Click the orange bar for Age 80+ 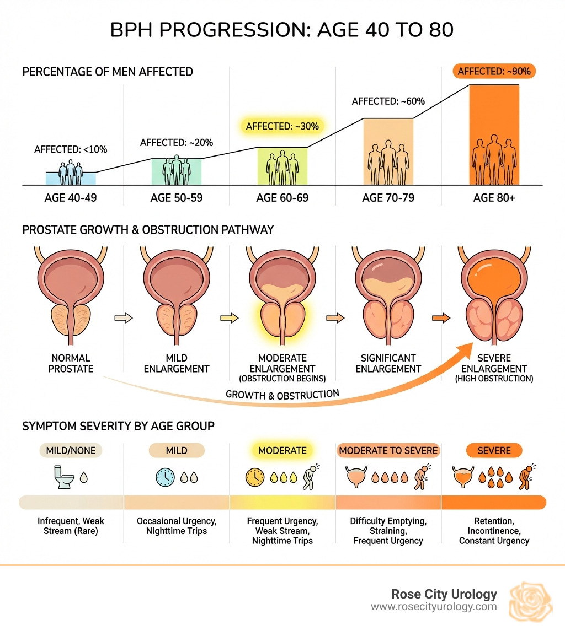[494, 134]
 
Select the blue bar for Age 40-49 [71, 178]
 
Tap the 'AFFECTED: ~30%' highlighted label [282, 126]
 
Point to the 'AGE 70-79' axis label [388, 198]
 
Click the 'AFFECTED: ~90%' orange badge [494, 71]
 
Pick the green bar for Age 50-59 [177, 171]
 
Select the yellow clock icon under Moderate [255, 477]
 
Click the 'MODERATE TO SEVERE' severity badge [388, 450]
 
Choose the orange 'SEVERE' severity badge [494, 450]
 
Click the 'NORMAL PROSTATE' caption [70, 364]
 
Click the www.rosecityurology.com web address [434, 607]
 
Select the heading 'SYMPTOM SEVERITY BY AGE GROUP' [118, 427]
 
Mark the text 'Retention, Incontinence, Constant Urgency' [494, 531]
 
